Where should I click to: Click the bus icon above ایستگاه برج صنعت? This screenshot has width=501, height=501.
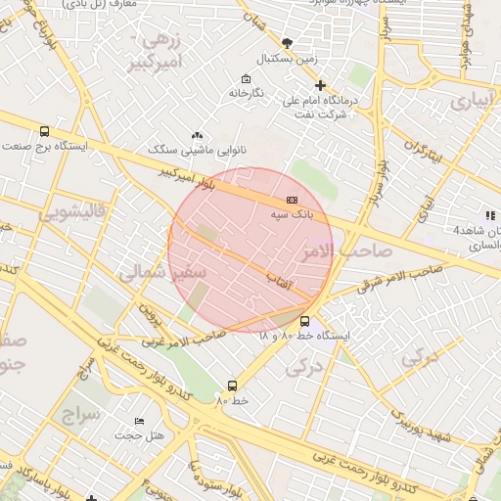(x=44, y=131)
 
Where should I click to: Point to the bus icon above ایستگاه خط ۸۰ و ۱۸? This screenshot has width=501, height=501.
(x=304, y=321)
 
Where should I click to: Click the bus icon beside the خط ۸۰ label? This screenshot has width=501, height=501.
(x=232, y=386)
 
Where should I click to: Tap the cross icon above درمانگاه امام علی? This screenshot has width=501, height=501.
(x=320, y=85)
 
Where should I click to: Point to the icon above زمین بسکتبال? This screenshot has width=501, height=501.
(x=286, y=43)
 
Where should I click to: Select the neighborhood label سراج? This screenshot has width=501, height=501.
(x=83, y=414)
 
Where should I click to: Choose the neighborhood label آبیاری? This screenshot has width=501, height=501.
(x=474, y=100)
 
